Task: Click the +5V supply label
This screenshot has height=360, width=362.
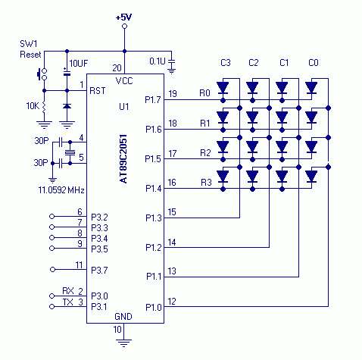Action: (123, 17)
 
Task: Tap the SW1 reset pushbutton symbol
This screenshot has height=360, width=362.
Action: (42, 74)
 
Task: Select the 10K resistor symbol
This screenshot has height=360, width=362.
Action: (44, 107)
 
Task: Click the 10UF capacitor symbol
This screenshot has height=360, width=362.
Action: (67, 73)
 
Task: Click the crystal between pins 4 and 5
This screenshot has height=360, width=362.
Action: (70, 152)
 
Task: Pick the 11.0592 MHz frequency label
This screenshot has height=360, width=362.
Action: (61, 190)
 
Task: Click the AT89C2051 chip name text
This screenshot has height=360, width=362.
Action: (123, 159)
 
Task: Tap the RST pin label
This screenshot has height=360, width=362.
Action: (98, 91)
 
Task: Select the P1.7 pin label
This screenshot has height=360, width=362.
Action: (153, 100)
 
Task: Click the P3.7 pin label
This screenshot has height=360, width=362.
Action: (99, 271)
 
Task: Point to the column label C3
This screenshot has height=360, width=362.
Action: (226, 63)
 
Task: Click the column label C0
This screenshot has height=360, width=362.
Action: (314, 63)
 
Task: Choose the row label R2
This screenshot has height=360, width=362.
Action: (205, 153)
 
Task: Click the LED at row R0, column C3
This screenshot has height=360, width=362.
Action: (223, 88)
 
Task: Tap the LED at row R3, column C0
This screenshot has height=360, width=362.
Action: (311, 177)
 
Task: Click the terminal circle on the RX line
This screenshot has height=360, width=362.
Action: (52, 296)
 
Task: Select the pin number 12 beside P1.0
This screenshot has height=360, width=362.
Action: (172, 302)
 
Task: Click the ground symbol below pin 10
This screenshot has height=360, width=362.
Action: (123, 343)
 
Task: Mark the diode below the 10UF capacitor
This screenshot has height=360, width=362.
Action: (67, 106)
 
